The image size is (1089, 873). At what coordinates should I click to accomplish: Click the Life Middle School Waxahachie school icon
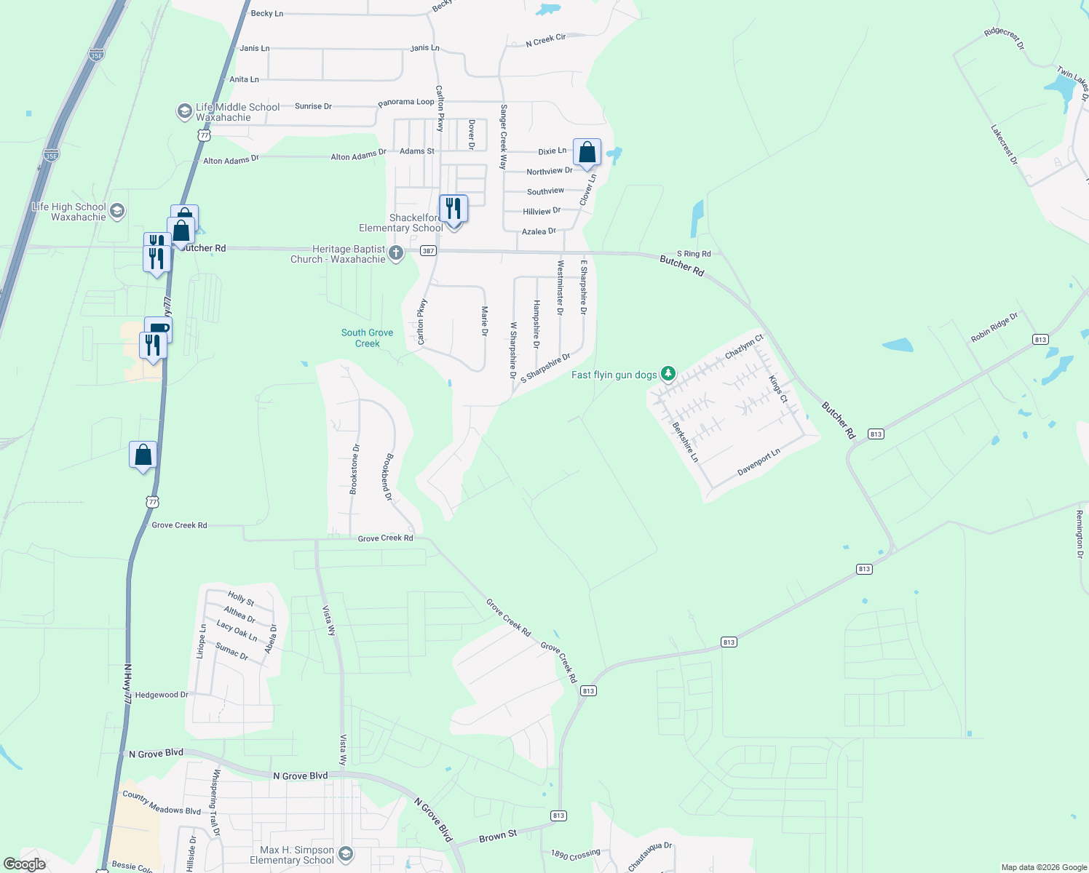[x=185, y=111]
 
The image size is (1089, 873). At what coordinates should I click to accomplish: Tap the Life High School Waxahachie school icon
[x=117, y=212]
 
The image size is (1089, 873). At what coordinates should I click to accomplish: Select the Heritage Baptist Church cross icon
[x=396, y=253]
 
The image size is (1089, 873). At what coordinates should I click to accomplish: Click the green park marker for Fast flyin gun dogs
[x=668, y=374]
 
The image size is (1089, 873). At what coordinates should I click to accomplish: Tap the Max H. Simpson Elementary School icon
[x=346, y=853]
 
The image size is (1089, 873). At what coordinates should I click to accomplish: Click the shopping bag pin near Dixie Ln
[x=587, y=153]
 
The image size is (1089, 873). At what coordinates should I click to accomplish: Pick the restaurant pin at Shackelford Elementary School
[x=454, y=209]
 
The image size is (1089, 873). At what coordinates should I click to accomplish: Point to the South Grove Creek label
[x=367, y=338]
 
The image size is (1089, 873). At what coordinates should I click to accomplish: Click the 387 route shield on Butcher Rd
[x=428, y=251]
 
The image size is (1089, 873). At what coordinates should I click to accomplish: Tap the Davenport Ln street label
[x=759, y=462]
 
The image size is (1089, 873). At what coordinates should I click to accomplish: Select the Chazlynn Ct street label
[x=744, y=346]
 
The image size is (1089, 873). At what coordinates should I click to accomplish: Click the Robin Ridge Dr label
[x=994, y=327]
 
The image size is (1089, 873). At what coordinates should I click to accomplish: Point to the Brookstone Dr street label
[x=355, y=469]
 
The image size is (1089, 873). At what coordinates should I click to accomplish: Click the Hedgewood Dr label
[x=162, y=695]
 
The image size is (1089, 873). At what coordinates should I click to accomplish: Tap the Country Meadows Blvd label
[x=162, y=802]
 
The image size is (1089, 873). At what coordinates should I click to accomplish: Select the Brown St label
[x=498, y=837]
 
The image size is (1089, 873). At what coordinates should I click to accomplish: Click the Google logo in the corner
[x=25, y=864]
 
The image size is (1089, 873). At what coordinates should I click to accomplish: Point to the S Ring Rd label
[x=694, y=254]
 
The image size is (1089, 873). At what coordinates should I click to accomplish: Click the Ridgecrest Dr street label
[x=1004, y=39]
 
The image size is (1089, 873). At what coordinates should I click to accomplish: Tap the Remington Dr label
[x=1080, y=534]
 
